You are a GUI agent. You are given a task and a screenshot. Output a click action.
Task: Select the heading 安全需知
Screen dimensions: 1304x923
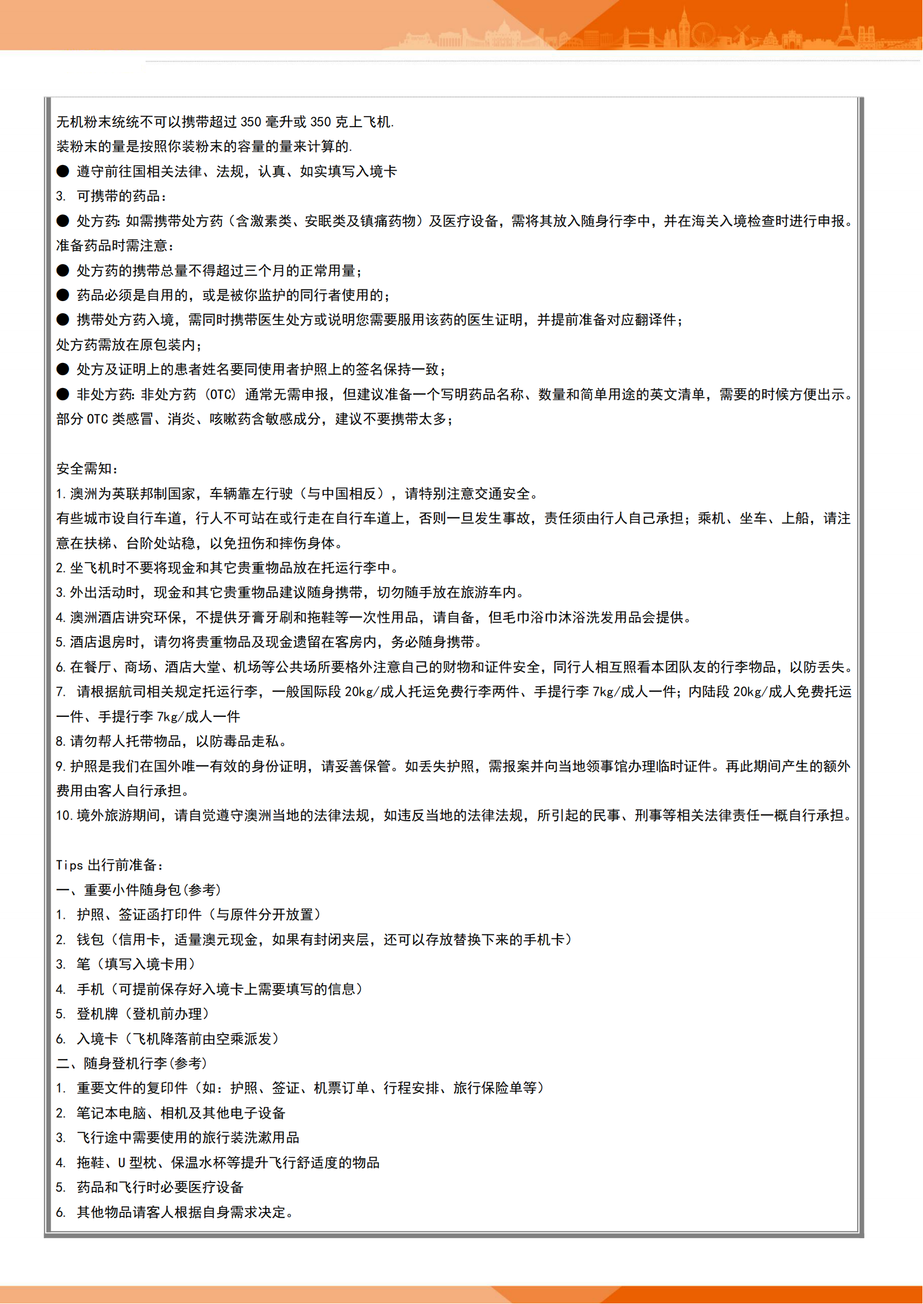click(87, 468)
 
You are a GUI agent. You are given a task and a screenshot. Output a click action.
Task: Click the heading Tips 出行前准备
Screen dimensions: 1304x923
click(110, 865)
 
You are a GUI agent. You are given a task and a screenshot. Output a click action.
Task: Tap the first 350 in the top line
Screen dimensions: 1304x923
click(251, 122)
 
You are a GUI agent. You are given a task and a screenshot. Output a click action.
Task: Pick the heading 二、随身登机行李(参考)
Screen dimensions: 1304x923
click(132, 1063)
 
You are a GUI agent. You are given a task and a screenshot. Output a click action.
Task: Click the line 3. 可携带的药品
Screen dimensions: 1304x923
click(112, 196)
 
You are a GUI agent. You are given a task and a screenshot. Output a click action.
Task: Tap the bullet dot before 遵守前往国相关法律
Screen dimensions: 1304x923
click(63, 172)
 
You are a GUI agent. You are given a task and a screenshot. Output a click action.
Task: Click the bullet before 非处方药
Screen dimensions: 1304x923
click(63, 395)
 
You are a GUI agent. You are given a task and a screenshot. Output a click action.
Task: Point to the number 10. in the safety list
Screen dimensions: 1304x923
click(64, 816)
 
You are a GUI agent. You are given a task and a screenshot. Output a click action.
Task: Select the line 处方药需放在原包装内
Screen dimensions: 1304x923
click(128, 345)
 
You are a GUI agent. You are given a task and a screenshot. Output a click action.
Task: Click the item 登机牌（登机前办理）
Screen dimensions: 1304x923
click(143, 1014)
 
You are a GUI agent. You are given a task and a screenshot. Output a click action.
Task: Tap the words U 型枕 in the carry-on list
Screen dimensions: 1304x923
click(136, 1162)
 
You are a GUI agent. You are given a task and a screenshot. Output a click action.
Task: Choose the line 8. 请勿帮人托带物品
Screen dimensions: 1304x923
click(171, 741)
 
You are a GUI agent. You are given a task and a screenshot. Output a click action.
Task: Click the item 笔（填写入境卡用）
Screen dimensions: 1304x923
click(136, 964)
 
